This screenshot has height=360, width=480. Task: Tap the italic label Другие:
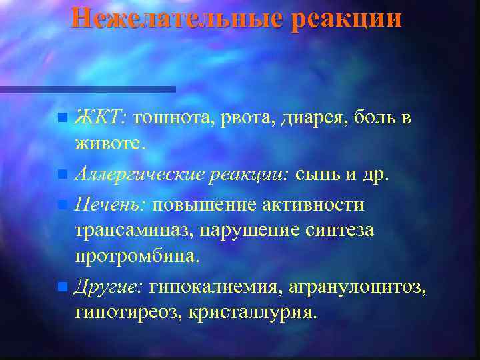pyautogui.click(x=107, y=287)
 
